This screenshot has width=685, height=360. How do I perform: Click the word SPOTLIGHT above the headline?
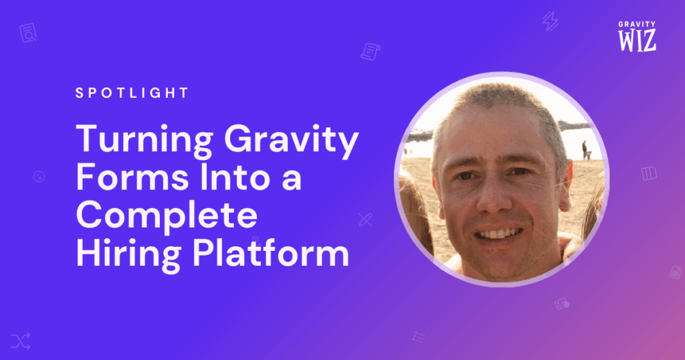132,93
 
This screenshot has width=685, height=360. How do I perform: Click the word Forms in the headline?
132,177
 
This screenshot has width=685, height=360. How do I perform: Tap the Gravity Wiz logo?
637,36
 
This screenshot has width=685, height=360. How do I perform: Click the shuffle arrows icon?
21,341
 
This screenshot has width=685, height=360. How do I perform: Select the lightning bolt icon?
550,21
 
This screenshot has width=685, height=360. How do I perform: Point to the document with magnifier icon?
28,33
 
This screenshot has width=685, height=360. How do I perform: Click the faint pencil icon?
365,219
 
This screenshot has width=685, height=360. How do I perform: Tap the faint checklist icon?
418,337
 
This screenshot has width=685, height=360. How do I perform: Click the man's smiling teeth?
498,234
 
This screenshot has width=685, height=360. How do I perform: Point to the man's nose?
496,197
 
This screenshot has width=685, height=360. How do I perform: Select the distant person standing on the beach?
585,150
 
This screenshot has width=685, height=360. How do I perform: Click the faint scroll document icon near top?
371,52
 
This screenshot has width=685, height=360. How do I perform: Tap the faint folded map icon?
649,173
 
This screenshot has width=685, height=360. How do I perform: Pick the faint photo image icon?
562,304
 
